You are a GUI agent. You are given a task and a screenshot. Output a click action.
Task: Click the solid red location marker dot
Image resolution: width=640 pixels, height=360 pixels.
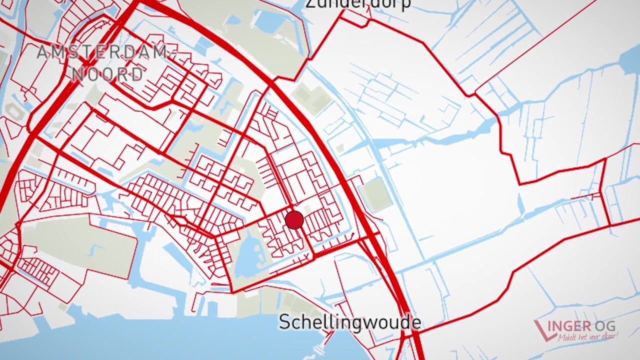[294, 220]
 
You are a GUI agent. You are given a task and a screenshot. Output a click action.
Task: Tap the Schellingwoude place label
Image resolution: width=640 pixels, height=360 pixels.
[349, 322]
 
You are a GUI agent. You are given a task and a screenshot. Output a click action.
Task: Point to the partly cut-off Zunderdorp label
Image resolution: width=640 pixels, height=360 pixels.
[357, 4]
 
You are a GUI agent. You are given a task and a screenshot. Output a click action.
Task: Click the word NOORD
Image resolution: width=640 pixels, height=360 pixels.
[107, 74]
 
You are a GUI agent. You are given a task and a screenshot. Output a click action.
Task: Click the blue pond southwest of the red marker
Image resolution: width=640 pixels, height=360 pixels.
[249, 260]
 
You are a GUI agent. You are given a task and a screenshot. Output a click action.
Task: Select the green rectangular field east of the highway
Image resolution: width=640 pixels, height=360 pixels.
[376, 194]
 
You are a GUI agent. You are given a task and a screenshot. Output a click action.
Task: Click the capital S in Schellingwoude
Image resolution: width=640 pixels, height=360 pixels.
[284, 322]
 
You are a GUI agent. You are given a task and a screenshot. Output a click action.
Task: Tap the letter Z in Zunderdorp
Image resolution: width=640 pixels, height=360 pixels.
[310, 4]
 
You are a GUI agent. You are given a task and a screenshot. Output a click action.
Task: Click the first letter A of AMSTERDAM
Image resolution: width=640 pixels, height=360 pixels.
[43, 52]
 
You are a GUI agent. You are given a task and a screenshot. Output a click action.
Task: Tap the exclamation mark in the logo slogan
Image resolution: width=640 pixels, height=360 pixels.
[617, 334]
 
